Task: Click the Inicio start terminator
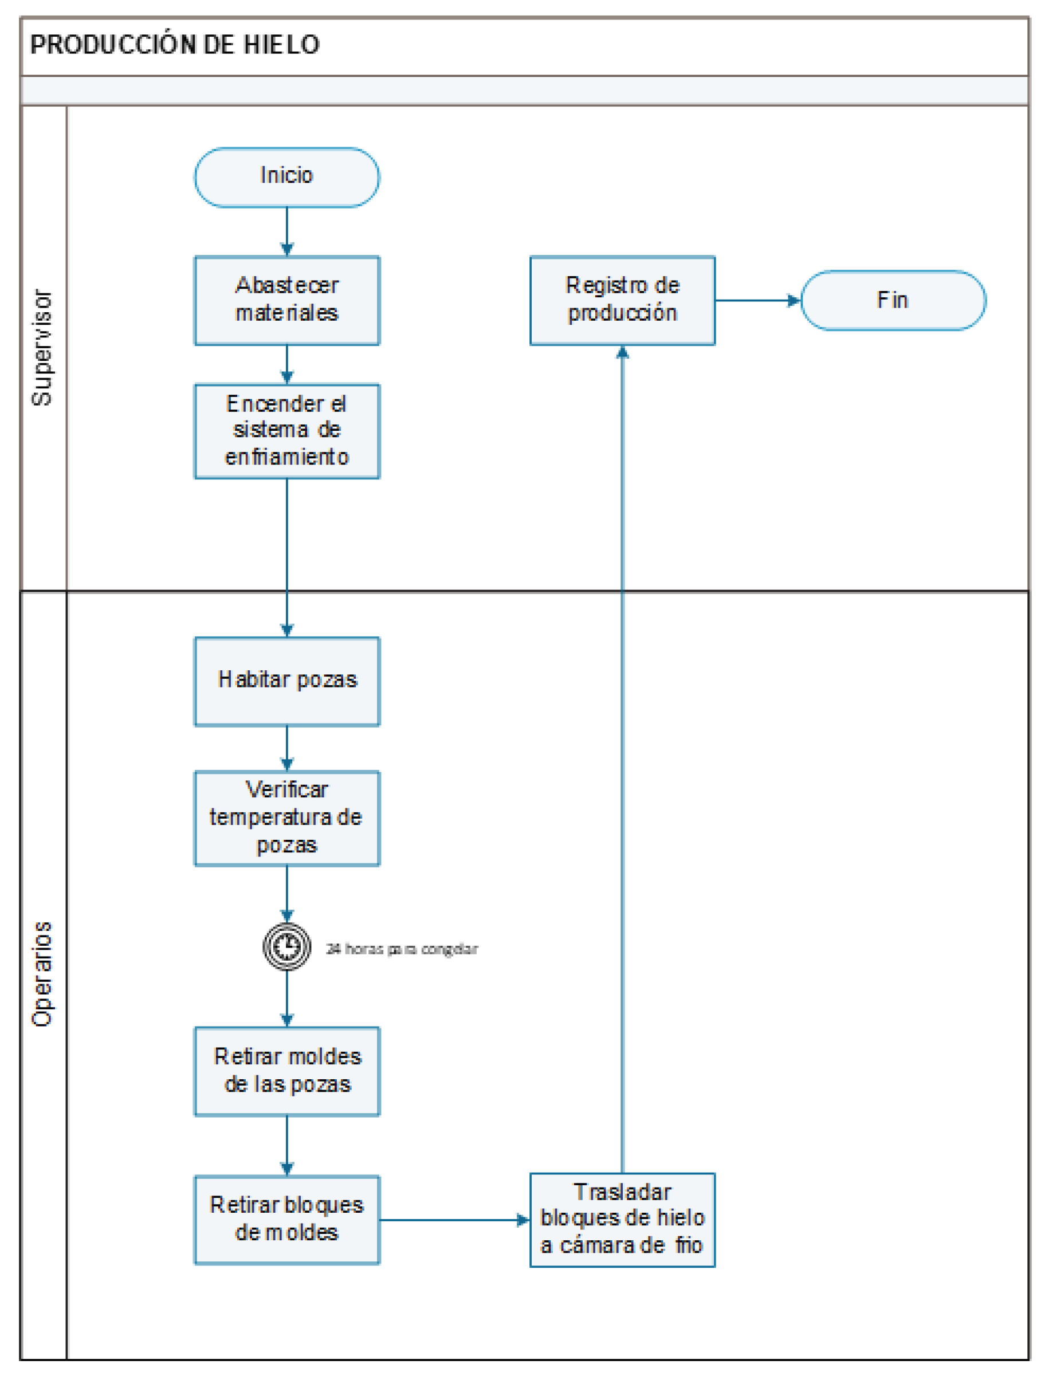[286, 177]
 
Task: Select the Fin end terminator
[892, 300]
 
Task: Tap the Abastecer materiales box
[286, 300]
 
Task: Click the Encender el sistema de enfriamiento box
[286, 430]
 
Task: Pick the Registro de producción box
[622, 300]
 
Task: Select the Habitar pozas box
[286, 681]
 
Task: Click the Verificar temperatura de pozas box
[286, 818]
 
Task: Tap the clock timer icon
[286, 946]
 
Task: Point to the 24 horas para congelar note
[402, 949]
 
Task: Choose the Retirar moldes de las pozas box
[286, 1071]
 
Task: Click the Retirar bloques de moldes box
[286, 1220]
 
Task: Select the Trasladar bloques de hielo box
[622, 1220]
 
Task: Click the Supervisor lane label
[42, 347]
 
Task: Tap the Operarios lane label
[42, 974]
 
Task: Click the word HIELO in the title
[281, 45]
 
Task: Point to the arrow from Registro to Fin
[757, 301]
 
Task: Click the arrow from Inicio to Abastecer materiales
[287, 231]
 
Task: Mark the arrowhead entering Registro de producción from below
[622, 352]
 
